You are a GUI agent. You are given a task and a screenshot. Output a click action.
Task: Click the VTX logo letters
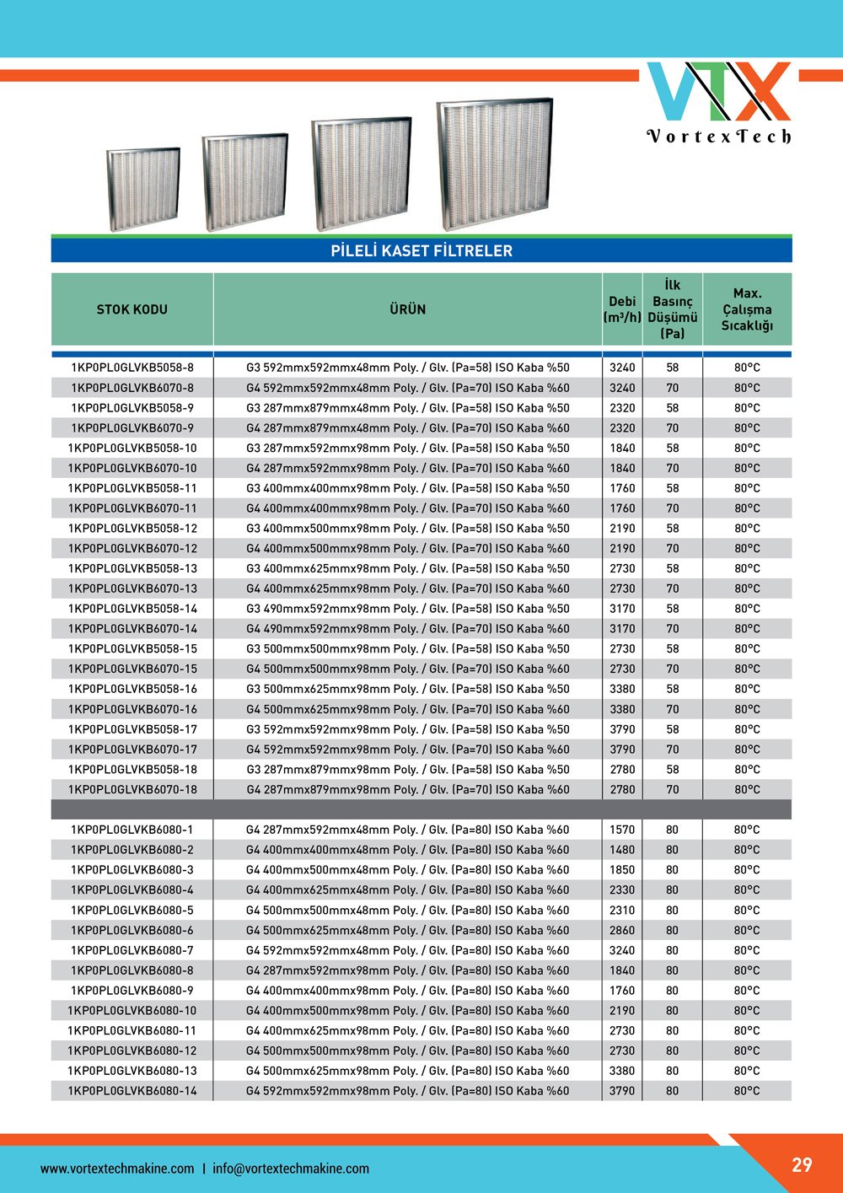click(x=719, y=91)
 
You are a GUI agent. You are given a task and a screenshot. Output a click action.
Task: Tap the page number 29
click(x=802, y=1164)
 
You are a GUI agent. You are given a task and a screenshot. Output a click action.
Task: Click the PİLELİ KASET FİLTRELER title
click(x=421, y=250)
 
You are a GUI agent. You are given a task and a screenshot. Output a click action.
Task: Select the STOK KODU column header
click(x=132, y=309)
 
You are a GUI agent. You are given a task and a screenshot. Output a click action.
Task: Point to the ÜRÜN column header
click(x=407, y=309)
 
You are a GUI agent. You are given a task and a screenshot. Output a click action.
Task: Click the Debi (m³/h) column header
click(x=622, y=309)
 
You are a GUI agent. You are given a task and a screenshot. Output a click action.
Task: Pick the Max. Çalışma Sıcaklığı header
click(x=747, y=309)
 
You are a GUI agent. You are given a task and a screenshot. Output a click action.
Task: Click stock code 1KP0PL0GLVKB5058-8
click(x=132, y=368)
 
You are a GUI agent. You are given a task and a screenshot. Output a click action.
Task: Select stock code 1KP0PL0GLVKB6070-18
click(x=132, y=790)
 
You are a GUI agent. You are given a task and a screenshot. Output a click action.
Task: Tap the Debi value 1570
click(x=622, y=830)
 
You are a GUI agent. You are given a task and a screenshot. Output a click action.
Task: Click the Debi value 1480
click(x=622, y=850)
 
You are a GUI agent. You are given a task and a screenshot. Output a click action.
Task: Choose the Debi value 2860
click(x=622, y=930)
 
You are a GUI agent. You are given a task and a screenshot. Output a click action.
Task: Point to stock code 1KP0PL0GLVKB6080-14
click(x=132, y=1091)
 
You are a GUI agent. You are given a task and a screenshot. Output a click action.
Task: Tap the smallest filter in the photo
click(x=144, y=187)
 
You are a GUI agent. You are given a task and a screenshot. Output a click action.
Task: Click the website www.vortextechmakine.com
click(x=117, y=1169)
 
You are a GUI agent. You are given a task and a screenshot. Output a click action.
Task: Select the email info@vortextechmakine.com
click(x=291, y=1169)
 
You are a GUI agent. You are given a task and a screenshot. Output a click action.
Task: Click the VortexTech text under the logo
click(x=719, y=136)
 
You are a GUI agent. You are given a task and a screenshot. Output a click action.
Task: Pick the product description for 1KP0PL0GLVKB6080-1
click(x=407, y=830)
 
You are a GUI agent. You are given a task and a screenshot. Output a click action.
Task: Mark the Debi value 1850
click(x=622, y=870)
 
